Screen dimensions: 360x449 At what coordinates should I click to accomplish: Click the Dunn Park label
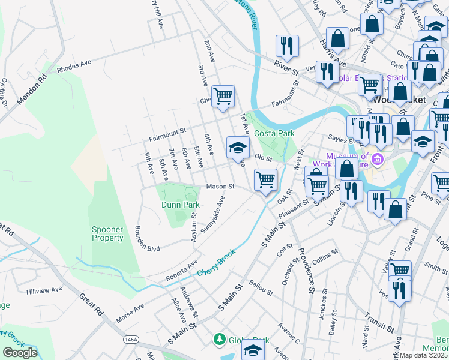pos(180,205)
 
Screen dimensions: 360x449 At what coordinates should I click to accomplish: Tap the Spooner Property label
pos(107,233)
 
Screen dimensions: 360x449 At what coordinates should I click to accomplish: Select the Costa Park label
pos(273,133)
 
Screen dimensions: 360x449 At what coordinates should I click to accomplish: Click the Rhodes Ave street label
pos(74,66)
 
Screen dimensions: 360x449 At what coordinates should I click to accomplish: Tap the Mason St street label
pos(220,187)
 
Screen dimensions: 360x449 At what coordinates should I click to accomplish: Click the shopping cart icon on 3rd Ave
pos(223,95)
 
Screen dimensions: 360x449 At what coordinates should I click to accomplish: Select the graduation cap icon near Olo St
pos(238,147)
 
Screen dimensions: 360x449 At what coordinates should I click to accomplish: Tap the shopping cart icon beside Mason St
pos(265,179)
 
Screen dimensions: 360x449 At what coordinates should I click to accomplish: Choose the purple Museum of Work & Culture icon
pos(377,159)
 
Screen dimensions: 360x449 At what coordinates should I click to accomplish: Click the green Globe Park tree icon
pos(220,340)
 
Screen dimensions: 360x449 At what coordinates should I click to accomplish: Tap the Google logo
pos(20,352)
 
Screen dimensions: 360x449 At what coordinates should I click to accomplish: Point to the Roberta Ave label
pos(181,272)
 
